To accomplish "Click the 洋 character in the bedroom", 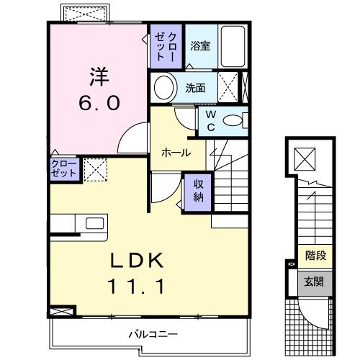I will pyautogui.click(x=99, y=74).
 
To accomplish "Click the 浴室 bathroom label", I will pyautogui.click(x=200, y=45).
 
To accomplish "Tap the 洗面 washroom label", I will pyautogui.click(x=195, y=89).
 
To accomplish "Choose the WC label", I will pyautogui.click(x=210, y=121).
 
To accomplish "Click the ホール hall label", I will pyautogui.click(x=176, y=153).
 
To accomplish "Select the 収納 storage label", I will pyautogui.click(x=197, y=189).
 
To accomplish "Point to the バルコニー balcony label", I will pyautogui.click(x=153, y=334).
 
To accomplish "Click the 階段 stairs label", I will pyautogui.click(x=315, y=254).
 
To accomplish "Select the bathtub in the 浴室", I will pyautogui.click(x=233, y=45).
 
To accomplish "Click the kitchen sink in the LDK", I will pyautogui.click(x=94, y=224).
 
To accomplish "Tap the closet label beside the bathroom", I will pyautogui.click(x=166, y=45).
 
